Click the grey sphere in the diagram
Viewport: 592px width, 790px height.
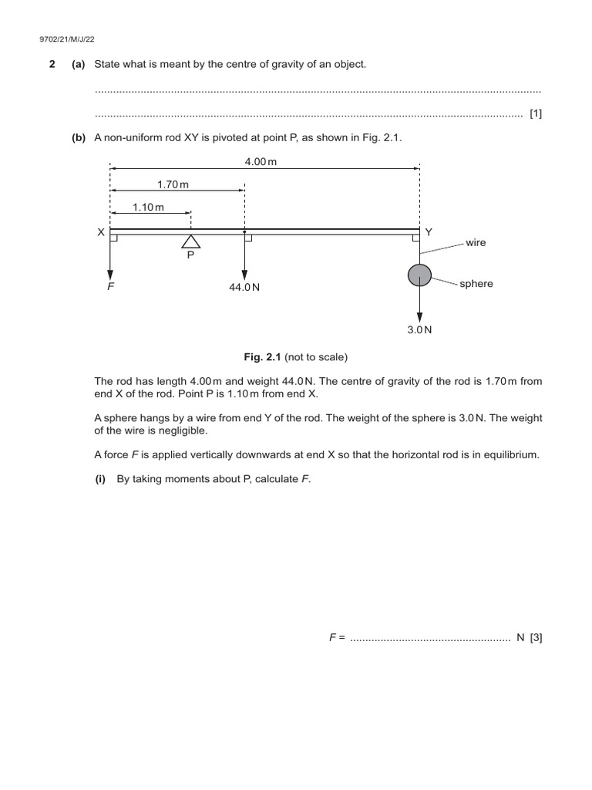(x=419, y=274)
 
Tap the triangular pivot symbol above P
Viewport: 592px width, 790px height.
(x=190, y=241)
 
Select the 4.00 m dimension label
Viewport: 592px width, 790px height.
(x=261, y=162)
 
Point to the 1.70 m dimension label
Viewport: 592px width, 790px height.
(x=173, y=184)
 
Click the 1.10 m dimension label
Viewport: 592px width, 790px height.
(x=148, y=207)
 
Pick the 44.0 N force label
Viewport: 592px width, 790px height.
(x=244, y=287)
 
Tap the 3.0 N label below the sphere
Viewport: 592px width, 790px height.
(x=419, y=329)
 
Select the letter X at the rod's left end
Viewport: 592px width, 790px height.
(x=100, y=232)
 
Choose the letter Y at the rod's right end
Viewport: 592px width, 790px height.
(x=429, y=232)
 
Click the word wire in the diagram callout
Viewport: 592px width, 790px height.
(x=476, y=242)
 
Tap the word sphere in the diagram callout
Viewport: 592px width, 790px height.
(x=476, y=284)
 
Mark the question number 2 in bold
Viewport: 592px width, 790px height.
(x=52, y=65)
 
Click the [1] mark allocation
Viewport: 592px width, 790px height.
(x=536, y=114)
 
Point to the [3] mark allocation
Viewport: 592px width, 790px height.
(x=536, y=638)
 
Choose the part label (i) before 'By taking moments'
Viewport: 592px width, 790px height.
(x=100, y=479)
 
